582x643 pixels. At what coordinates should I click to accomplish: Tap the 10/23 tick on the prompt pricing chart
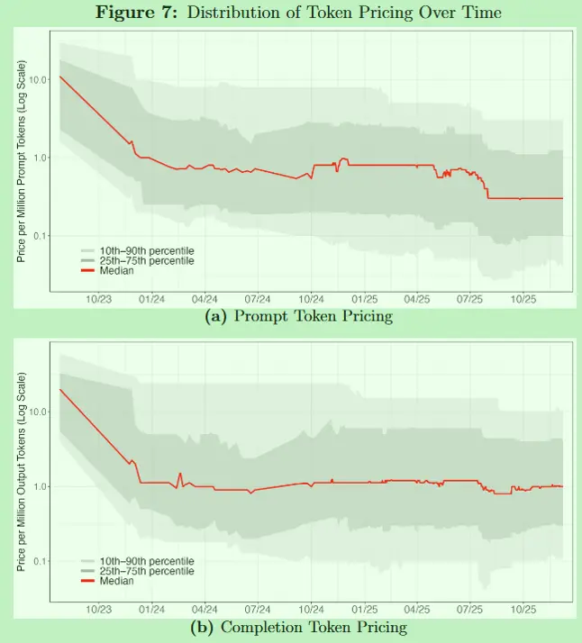(98, 298)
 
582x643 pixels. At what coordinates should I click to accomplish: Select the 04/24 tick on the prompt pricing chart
(205, 298)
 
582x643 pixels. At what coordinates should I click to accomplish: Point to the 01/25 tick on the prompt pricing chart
(364, 298)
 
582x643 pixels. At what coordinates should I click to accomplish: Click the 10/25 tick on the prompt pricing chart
(523, 298)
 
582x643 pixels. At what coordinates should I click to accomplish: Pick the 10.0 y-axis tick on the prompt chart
(38, 80)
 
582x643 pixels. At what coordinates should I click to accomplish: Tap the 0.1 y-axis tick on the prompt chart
(41, 236)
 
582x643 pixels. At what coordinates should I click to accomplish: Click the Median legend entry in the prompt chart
(116, 270)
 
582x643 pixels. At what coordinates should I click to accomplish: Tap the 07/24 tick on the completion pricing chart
(258, 609)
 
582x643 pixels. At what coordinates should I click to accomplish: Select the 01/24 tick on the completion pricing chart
(151, 609)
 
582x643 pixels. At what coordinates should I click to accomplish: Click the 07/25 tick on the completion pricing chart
(470, 609)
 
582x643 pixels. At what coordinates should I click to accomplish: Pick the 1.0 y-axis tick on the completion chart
(41, 487)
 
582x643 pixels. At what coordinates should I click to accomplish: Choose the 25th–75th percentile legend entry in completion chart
(146, 571)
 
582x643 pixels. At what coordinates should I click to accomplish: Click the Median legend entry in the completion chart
(116, 581)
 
